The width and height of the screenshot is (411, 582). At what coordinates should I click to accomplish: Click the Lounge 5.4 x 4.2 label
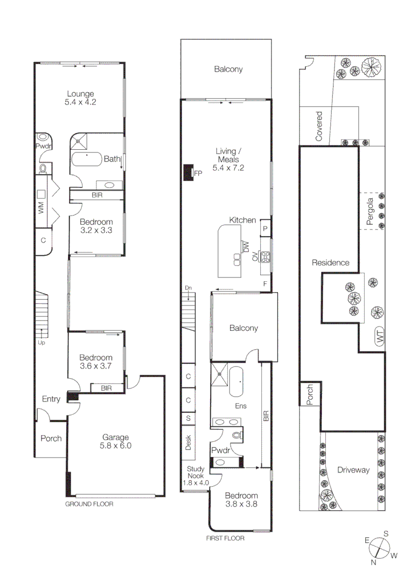click(81, 98)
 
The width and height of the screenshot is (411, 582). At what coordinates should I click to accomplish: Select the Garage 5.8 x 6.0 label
click(115, 441)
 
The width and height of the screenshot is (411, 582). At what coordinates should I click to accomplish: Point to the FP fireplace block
click(188, 173)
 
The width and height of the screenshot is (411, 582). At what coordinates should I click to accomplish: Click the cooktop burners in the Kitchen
click(265, 256)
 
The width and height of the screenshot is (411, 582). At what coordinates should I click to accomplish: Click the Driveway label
click(353, 470)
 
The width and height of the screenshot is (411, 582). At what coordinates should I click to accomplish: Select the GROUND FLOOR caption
click(89, 504)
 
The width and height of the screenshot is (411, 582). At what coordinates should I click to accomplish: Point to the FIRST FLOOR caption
click(226, 538)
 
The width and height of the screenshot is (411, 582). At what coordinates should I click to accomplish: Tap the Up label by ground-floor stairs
click(41, 342)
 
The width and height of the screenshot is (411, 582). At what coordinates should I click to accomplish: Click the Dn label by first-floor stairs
click(188, 288)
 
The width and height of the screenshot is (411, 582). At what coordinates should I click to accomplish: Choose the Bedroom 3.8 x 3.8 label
click(241, 500)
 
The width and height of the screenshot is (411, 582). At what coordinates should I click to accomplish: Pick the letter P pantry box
click(265, 229)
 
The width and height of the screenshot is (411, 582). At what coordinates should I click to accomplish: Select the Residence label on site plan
click(330, 263)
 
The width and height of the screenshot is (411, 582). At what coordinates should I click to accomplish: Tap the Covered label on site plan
click(319, 127)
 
